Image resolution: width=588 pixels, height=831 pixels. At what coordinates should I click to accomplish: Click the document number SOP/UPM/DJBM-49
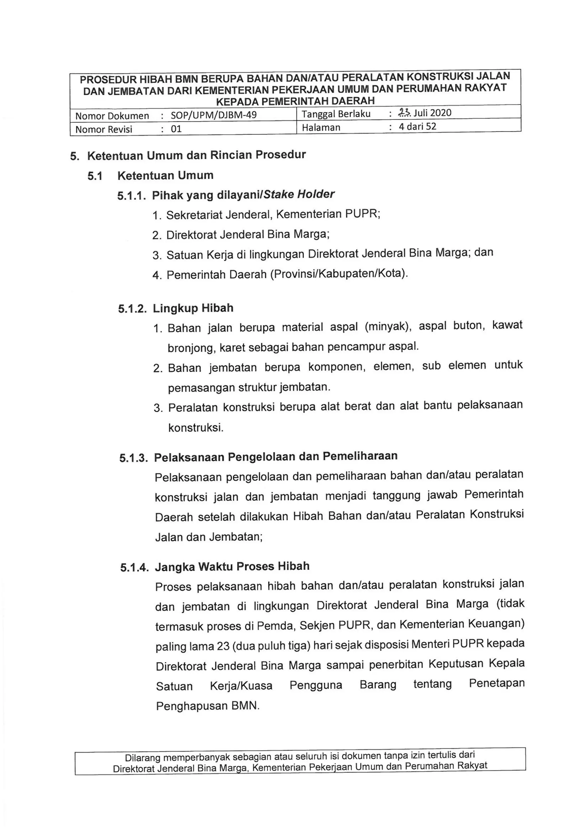click(214, 115)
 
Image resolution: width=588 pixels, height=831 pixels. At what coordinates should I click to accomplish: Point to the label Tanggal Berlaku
click(336, 114)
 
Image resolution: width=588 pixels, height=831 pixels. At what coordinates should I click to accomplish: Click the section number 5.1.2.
click(132, 309)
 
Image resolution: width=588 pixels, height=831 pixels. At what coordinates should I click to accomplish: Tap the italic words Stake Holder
click(299, 194)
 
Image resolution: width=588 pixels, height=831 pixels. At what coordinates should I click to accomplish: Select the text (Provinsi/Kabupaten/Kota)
click(339, 273)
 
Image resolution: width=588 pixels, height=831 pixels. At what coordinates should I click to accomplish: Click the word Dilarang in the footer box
click(142, 758)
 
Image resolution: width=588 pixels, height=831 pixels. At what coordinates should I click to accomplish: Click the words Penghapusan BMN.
click(208, 706)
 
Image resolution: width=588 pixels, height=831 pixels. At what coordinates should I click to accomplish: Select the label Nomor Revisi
click(104, 129)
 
